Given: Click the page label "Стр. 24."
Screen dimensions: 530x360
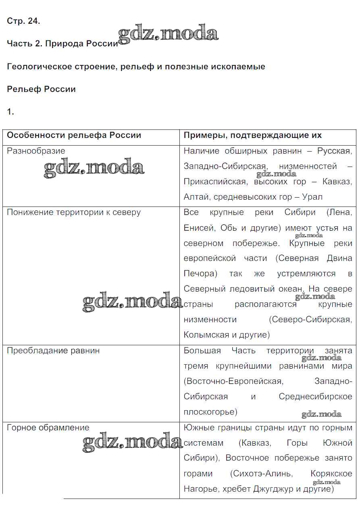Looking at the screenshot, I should tap(23, 22).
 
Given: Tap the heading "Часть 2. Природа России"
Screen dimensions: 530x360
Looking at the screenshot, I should tap(62, 44).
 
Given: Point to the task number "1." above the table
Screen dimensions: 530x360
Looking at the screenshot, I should tap(10, 112).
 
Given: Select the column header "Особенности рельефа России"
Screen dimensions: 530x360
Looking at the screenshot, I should tap(74, 136).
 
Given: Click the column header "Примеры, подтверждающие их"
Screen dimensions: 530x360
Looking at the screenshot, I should tap(252, 136).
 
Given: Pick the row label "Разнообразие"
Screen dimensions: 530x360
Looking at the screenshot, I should tap(36, 151).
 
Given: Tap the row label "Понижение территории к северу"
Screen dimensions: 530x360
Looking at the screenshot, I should tap(74, 213).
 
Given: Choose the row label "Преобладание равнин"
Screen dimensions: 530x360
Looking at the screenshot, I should tap(53, 351).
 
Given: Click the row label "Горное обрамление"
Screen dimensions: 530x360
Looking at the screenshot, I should tap(48, 428).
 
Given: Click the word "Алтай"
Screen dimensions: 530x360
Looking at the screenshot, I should tap(196, 197).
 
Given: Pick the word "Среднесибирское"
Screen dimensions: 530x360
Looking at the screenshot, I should tap(315, 396).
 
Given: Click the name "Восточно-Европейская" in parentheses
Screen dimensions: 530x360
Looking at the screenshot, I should tap(233, 381).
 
